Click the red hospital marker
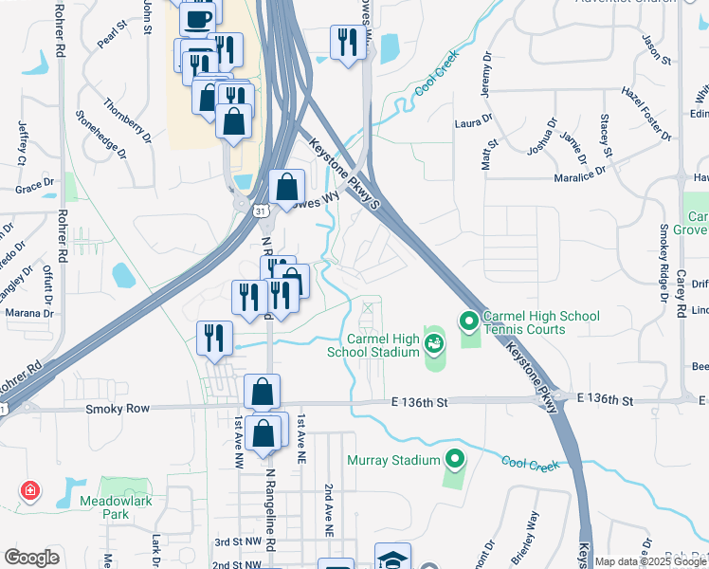pyautogui.click(x=30, y=490)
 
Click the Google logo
pyautogui.click(x=32, y=558)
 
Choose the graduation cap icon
pyautogui.click(x=392, y=559)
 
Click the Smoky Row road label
pyautogui.click(x=118, y=409)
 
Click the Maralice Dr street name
pyautogui.click(x=579, y=174)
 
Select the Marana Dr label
pyautogui.click(x=29, y=313)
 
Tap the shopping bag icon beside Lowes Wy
pyautogui.click(x=286, y=187)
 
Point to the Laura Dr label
pyautogui.click(x=474, y=122)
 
